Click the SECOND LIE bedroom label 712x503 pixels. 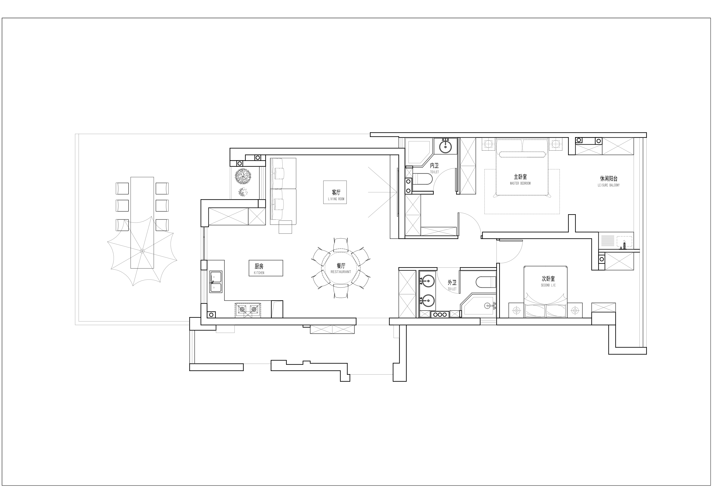click(x=548, y=285)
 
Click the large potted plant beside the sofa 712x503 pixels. click(x=243, y=176)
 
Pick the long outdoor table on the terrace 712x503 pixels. click(x=142, y=223)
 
